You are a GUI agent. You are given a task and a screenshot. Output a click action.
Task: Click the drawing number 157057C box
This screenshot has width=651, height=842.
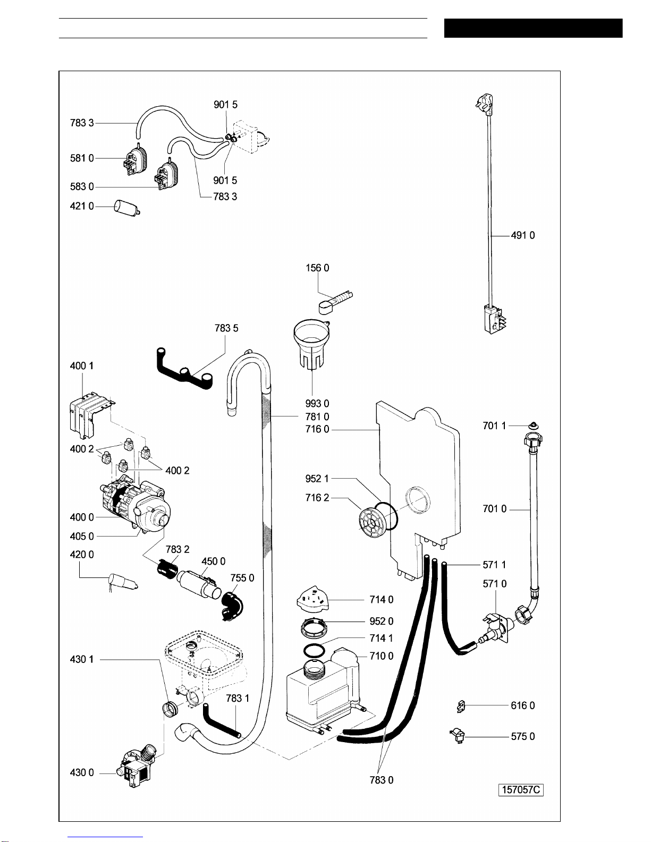click(521, 790)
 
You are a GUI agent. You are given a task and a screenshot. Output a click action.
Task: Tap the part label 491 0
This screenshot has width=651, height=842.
click(523, 235)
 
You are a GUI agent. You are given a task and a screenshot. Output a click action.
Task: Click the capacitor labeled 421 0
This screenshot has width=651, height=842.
click(127, 207)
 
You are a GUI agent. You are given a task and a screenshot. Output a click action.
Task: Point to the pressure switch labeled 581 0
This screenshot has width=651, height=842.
click(135, 159)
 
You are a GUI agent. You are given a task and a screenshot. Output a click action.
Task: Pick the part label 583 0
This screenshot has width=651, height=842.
click(82, 186)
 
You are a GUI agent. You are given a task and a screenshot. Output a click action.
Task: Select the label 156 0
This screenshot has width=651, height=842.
click(317, 268)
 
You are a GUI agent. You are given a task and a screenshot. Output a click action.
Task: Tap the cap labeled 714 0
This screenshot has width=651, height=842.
click(312, 598)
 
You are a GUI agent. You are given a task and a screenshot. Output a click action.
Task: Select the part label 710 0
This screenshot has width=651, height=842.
click(382, 656)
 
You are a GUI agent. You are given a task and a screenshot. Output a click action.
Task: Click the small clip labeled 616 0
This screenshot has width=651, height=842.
click(461, 707)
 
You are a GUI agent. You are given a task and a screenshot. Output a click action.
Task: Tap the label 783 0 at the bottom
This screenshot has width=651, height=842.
click(382, 780)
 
